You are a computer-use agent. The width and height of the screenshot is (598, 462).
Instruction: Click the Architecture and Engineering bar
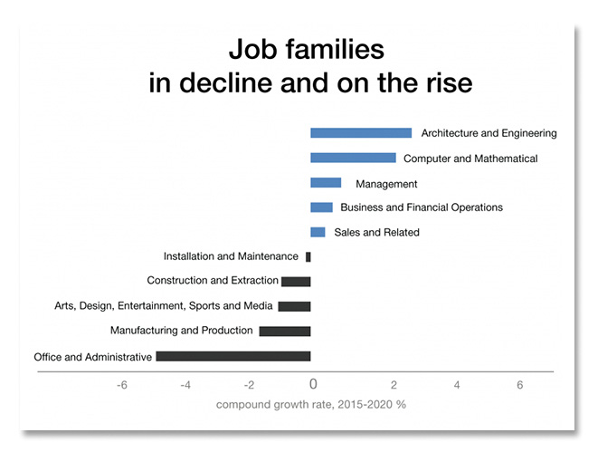pyautogui.click(x=361, y=133)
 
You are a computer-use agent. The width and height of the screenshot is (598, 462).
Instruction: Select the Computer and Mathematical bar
pyautogui.click(x=353, y=158)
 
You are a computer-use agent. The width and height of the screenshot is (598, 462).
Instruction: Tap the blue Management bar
pyautogui.click(x=326, y=182)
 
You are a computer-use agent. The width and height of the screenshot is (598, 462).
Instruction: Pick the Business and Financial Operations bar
pyautogui.click(x=321, y=207)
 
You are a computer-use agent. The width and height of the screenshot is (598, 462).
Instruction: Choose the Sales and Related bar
pyautogui.click(x=318, y=232)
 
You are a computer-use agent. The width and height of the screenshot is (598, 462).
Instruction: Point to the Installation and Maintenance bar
pyautogui.click(x=308, y=257)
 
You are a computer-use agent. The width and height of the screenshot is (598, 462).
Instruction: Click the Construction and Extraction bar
pyautogui.click(x=296, y=282)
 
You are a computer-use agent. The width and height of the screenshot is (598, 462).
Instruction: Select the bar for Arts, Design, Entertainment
pyautogui.click(x=294, y=306)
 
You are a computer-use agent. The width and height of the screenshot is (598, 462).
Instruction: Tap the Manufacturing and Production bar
pyautogui.click(x=285, y=331)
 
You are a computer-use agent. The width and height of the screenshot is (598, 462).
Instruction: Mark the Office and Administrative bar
pyautogui.click(x=233, y=356)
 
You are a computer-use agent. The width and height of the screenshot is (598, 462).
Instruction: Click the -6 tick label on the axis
pyautogui.click(x=122, y=385)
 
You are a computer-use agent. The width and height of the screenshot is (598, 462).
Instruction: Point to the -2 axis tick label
pyautogui.click(x=249, y=385)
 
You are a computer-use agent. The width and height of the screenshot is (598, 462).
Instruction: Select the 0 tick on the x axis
pyautogui.click(x=313, y=384)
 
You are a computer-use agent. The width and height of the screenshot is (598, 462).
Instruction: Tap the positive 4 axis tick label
pyautogui.click(x=457, y=385)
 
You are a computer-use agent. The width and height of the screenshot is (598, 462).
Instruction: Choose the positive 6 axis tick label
pyautogui.click(x=520, y=385)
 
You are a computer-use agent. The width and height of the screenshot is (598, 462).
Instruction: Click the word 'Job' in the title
pyautogui.click(x=252, y=49)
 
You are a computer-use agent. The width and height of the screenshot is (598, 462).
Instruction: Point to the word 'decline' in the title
pyautogui.click(x=226, y=82)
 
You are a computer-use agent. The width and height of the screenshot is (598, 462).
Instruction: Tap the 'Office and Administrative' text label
pyautogui.click(x=92, y=357)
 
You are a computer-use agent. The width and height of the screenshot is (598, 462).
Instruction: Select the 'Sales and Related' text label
pyautogui.click(x=376, y=232)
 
